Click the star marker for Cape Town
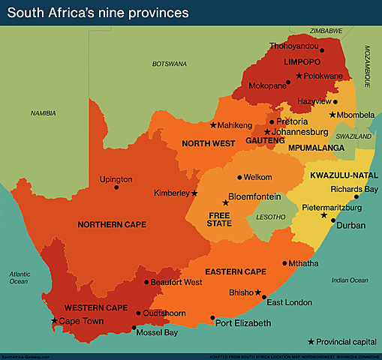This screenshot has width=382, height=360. pyautogui.click(x=53, y=321)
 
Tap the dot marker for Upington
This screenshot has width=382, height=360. pyautogui.click(x=116, y=187)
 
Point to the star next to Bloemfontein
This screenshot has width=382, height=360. pyautogui.click(x=225, y=202)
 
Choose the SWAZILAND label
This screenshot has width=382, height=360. pyautogui.click(x=353, y=137)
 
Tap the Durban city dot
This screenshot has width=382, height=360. pyautogui.click(x=331, y=223)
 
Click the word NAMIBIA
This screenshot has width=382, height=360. pyautogui.click(x=43, y=112)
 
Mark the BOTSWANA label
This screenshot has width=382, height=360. pyautogui.click(x=169, y=64)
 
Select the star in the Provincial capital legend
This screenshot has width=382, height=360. pyautogui.click(x=311, y=341)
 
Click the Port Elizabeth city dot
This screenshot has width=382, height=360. pyautogui.click(x=212, y=317)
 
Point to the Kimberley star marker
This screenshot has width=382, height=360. pyautogui.click(x=194, y=193)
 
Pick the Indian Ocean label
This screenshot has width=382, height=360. pyautogui.click(x=349, y=280)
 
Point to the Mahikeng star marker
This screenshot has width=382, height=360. pyautogui.click(x=213, y=124)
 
